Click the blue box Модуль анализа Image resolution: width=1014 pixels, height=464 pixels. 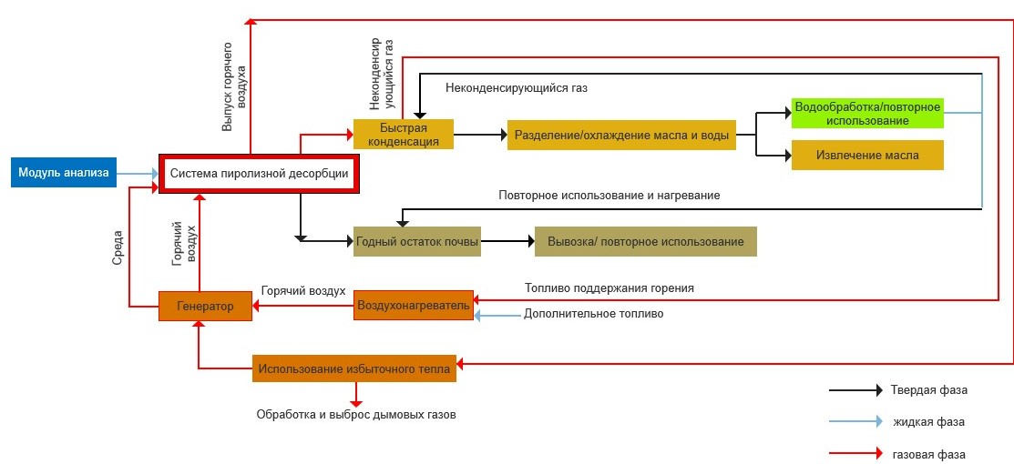click(x=64, y=173)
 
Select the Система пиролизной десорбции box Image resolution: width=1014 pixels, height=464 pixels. click(x=260, y=174)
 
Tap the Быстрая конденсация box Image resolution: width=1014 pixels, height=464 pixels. click(x=403, y=135)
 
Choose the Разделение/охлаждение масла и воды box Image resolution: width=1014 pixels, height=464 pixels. click(x=621, y=136)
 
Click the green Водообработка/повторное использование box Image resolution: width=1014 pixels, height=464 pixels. click(x=866, y=114)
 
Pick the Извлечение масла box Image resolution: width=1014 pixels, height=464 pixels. click(x=866, y=155)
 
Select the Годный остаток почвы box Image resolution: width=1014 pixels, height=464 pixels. click(x=416, y=242)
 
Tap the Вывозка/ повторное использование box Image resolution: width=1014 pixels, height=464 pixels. click(x=645, y=242)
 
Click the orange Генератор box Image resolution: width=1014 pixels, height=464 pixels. click(x=205, y=306)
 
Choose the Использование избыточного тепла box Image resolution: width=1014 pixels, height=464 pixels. click(x=354, y=368)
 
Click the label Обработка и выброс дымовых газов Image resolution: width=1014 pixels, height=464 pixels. click(x=355, y=415)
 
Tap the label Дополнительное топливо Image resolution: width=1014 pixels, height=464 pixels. click(x=593, y=314)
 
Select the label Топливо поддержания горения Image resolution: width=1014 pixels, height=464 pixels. click(x=609, y=288)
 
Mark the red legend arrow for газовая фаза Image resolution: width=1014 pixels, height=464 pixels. click(x=855, y=452)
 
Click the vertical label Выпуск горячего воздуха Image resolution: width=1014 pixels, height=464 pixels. click(x=234, y=86)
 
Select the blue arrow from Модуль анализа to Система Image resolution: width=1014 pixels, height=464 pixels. click(x=138, y=174)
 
